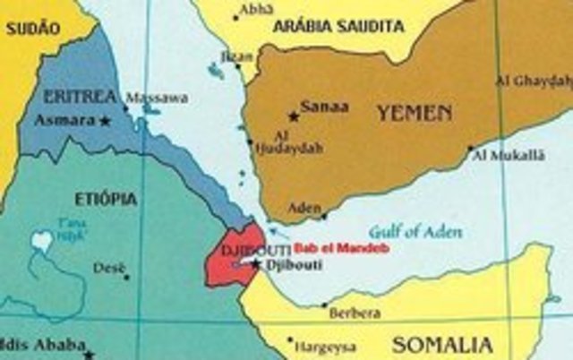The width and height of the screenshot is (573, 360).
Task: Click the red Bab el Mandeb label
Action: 341,247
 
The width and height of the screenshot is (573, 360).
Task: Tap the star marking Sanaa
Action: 292,116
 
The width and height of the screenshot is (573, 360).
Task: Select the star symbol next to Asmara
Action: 106,119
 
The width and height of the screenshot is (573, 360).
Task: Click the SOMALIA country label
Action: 441,344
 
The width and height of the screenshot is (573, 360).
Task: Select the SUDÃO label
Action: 32,29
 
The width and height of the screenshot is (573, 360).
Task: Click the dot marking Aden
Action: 324,215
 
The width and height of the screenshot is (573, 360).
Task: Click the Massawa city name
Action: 153,97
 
